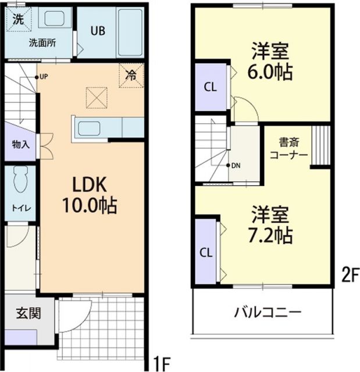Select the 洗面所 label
[x=42, y=42]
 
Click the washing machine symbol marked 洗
[x=19, y=18]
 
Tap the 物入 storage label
[x=20, y=144]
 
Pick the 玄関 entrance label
[x=28, y=314]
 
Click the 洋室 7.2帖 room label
[x=271, y=225]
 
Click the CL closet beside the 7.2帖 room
[x=206, y=252]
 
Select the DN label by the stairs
[x=235, y=165]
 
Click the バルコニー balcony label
[x=268, y=313]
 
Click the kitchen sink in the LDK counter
[x=91, y=128]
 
